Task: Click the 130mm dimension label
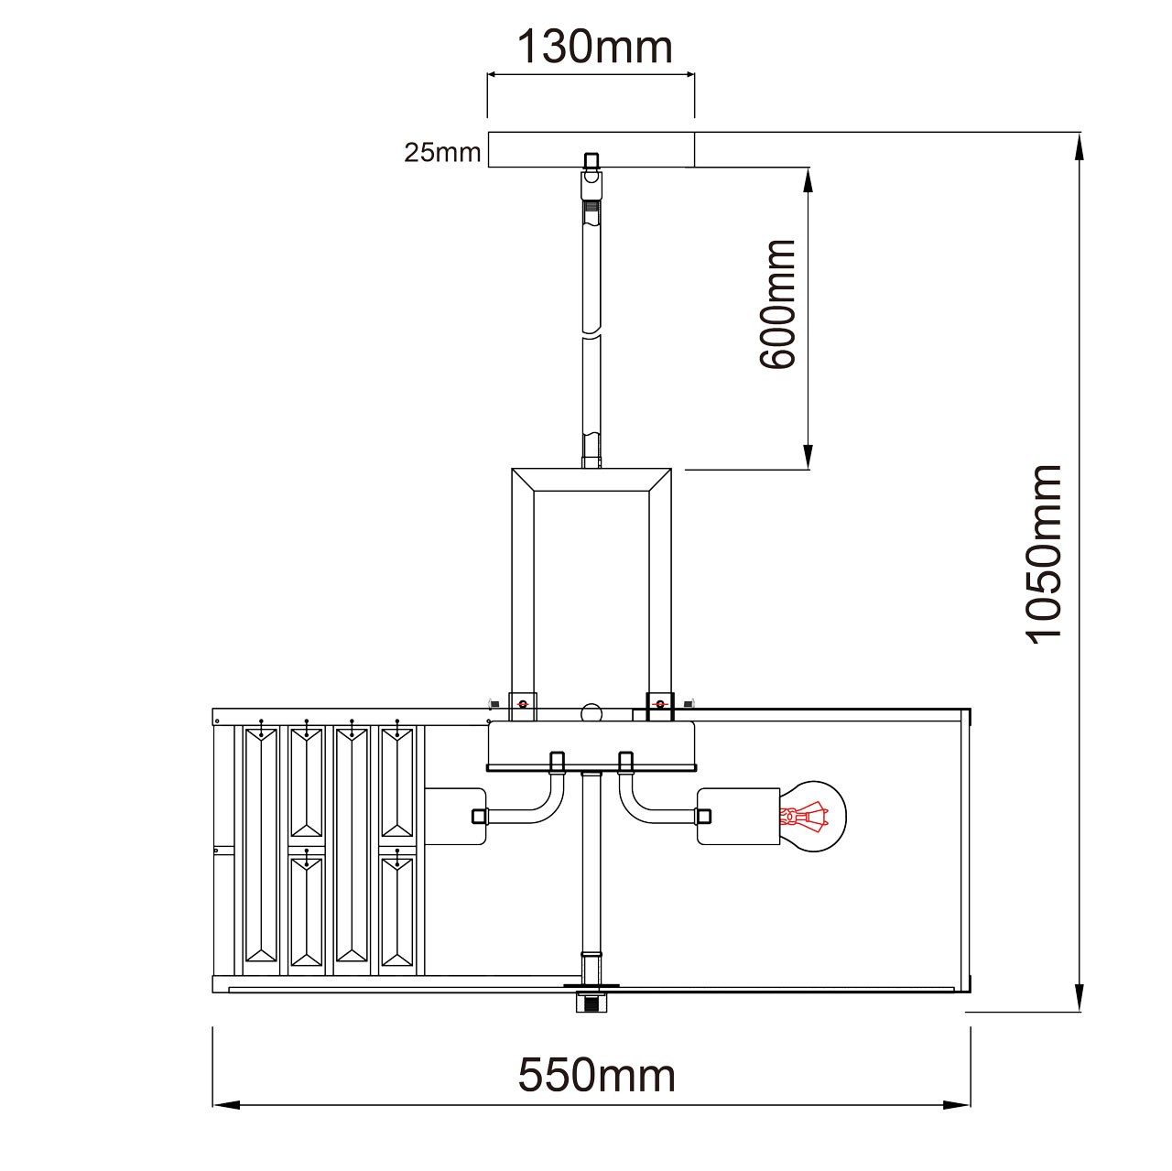[x=594, y=48]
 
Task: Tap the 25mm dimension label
[x=442, y=152]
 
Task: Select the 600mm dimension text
[x=777, y=304]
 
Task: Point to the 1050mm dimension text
[x=1044, y=554]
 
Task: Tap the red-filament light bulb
[x=813, y=817]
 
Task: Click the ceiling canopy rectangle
[x=591, y=149]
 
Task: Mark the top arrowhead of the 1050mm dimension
[x=1080, y=146]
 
